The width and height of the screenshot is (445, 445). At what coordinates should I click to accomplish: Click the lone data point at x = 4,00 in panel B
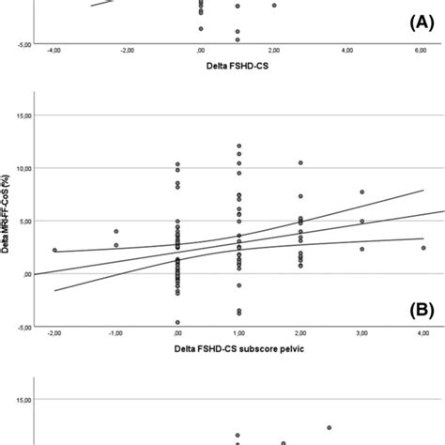tap(423, 248)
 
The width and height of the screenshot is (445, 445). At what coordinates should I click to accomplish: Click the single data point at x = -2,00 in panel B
tap(54, 251)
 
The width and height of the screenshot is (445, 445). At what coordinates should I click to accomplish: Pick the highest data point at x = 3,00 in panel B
tap(361, 192)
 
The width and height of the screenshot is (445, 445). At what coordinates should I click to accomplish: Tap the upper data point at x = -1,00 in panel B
tap(116, 231)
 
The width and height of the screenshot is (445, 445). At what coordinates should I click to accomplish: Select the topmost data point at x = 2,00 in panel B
tap(300, 163)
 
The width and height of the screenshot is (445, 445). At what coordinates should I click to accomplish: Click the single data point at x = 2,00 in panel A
tap(274, 5)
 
